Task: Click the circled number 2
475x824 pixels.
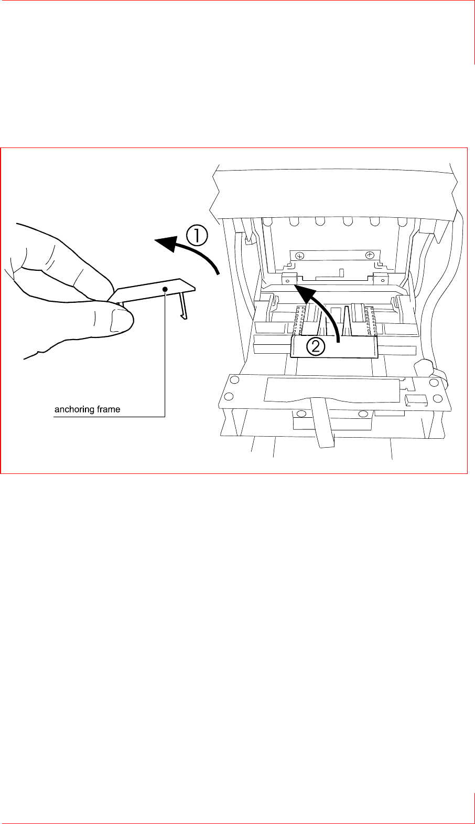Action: click(x=317, y=346)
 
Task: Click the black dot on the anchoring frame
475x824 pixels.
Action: click(x=165, y=289)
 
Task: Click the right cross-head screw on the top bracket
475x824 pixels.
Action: click(x=370, y=255)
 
